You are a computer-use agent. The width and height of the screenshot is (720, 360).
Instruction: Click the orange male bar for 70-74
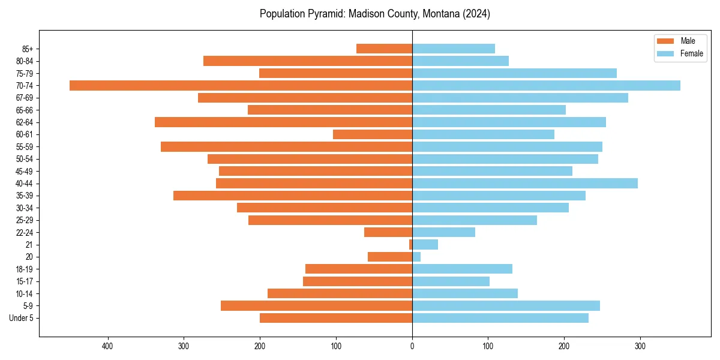[x=241, y=86]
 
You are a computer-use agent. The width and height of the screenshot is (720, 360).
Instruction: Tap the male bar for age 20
[x=390, y=257]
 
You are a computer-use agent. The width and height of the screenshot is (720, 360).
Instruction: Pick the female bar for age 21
[x=425, y=245]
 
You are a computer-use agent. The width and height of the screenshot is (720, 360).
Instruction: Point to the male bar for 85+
[x=384, y=49]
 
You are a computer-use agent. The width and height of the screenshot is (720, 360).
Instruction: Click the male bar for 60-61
[x=373, y=134]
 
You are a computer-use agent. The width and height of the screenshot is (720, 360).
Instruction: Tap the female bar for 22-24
[x=443, y=232]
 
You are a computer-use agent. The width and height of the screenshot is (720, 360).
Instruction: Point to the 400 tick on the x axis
[x=108, y=346]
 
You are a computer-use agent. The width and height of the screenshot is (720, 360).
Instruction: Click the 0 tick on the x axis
[x=412, y=346]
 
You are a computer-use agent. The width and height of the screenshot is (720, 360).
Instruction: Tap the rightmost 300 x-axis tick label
[x=640, y=346]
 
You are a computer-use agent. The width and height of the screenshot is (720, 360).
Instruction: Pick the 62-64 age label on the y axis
[x=25, y=122]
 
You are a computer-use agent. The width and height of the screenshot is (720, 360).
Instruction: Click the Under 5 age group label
[x=21, y=318]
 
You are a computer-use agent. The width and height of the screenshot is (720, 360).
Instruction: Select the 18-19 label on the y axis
[x=25, y=269]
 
